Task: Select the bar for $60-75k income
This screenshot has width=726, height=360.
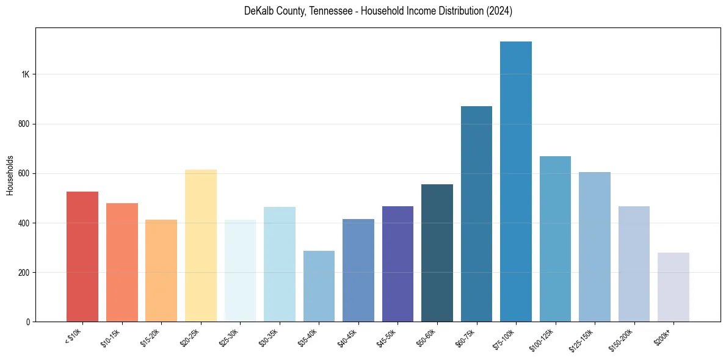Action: (476, 214)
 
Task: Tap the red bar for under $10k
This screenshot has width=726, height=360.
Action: (82, 257)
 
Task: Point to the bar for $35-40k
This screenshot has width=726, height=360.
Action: (319, 286)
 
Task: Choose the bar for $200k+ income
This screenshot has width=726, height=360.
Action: (673, 287)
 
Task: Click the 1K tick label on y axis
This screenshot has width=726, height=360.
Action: (25, 74)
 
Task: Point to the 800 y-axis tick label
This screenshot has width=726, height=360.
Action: (24, 124)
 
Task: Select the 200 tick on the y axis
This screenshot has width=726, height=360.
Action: (24, 272)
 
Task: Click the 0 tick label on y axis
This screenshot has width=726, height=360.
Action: (28, 322)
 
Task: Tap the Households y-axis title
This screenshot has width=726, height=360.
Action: (10, 175)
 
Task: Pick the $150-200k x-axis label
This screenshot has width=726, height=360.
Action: (628, 337)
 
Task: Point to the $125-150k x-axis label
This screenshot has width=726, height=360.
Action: (589, 337)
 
